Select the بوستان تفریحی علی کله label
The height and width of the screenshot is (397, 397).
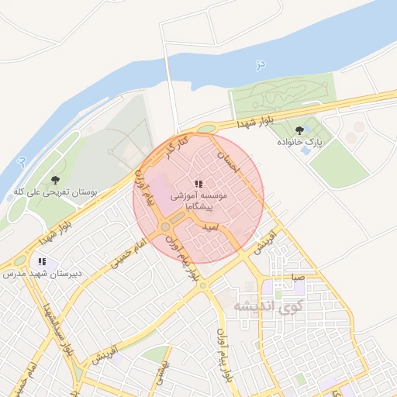(x=50, y=191)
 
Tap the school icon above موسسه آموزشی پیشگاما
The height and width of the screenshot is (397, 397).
(x=198, y=184)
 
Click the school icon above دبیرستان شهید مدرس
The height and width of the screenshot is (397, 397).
(x=42, y=261)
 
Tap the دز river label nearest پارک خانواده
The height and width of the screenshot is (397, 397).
(x=261, y=67)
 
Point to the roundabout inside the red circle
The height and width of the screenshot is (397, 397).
(x=166, y=227)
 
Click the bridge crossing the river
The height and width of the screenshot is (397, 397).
(x=171, y=85)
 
